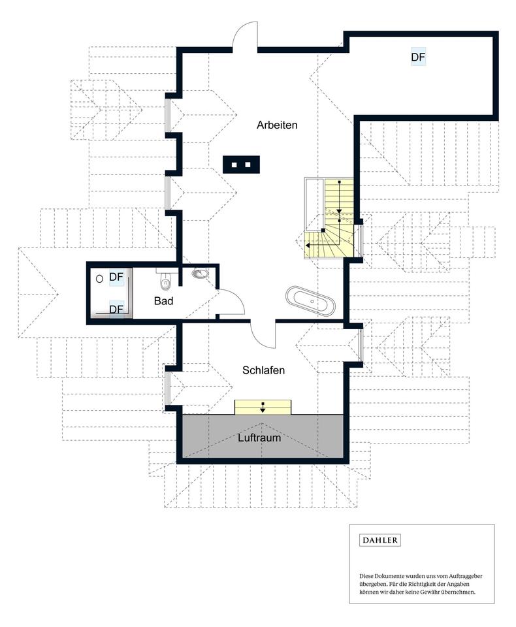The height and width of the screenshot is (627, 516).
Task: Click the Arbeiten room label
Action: tap(277, 125)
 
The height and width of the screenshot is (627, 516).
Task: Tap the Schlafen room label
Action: tap(264, 370)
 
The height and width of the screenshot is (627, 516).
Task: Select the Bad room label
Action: tap(163, 300)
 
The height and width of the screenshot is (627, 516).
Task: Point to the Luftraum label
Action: tap(259, 438)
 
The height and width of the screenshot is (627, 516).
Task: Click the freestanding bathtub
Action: tap(310, 302)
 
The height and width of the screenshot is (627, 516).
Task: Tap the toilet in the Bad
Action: tap(165, 281)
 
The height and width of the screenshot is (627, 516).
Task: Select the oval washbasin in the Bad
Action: tap(200, 274)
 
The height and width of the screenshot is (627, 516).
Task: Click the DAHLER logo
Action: tap(379, 540)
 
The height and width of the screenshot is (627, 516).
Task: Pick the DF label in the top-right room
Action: tap(418, 57)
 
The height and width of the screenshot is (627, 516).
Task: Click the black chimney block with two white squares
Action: tap(241, 165)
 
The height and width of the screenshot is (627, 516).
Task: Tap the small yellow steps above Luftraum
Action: tap(263, 407)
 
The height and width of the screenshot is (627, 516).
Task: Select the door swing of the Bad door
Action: tap(236, 298)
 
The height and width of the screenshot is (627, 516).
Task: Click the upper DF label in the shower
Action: tap(116, 277)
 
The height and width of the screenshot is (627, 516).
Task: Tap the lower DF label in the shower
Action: tap(116, 309)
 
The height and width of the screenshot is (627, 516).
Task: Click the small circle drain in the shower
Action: tap(99, 279)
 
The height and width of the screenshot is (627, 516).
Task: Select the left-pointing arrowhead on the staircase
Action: tap(308, 245)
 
